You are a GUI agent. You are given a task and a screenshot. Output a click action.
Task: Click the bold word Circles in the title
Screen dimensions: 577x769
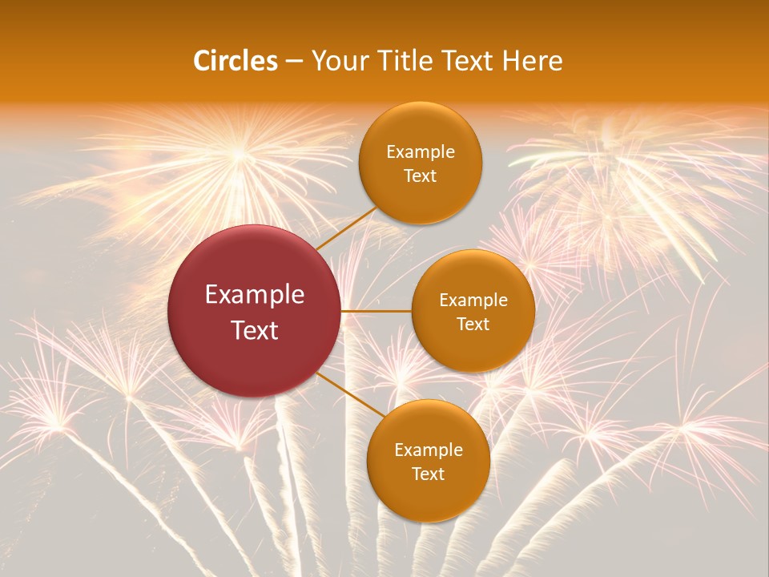click(x=236, y=61)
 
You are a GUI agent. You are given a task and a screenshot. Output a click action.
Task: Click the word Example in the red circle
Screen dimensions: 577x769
click(x=255, y=295)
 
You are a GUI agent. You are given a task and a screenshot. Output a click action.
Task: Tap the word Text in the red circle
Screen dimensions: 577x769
click(x=255, y=330)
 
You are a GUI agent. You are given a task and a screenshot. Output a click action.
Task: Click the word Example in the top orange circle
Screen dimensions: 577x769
click(x=421, y=152)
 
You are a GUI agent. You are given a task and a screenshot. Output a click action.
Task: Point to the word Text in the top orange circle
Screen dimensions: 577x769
click(x=421, y=176)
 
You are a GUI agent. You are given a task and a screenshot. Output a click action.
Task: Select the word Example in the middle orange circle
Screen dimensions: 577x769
click(x=473, y=301)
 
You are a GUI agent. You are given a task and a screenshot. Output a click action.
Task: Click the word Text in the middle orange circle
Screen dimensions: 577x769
click(x=473, y=325)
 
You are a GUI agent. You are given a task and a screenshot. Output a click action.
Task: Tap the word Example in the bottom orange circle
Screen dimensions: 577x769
click(x=429, y=450)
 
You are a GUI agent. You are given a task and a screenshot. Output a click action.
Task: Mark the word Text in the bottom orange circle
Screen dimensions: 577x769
click(x=429, y=474)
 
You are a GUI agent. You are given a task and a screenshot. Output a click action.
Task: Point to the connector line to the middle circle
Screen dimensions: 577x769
click(x=376, y=311)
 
